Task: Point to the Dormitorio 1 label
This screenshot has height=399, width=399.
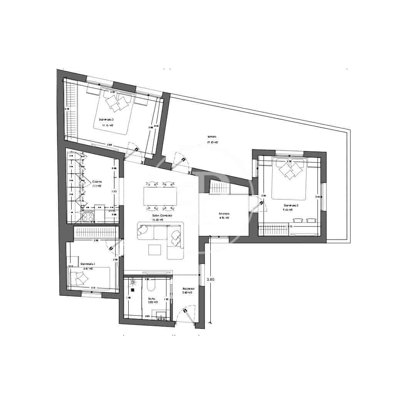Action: (x=88, y=264)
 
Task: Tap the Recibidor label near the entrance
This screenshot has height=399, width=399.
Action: (x=188, y=288)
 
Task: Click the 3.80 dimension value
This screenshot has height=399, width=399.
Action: (x=210, y=280)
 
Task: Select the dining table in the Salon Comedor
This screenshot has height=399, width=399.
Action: (x=160, y=196)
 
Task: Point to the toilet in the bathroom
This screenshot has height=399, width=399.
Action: (x=151, y=285)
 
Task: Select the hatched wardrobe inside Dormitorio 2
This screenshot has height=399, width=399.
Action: (x=274, y=230)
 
